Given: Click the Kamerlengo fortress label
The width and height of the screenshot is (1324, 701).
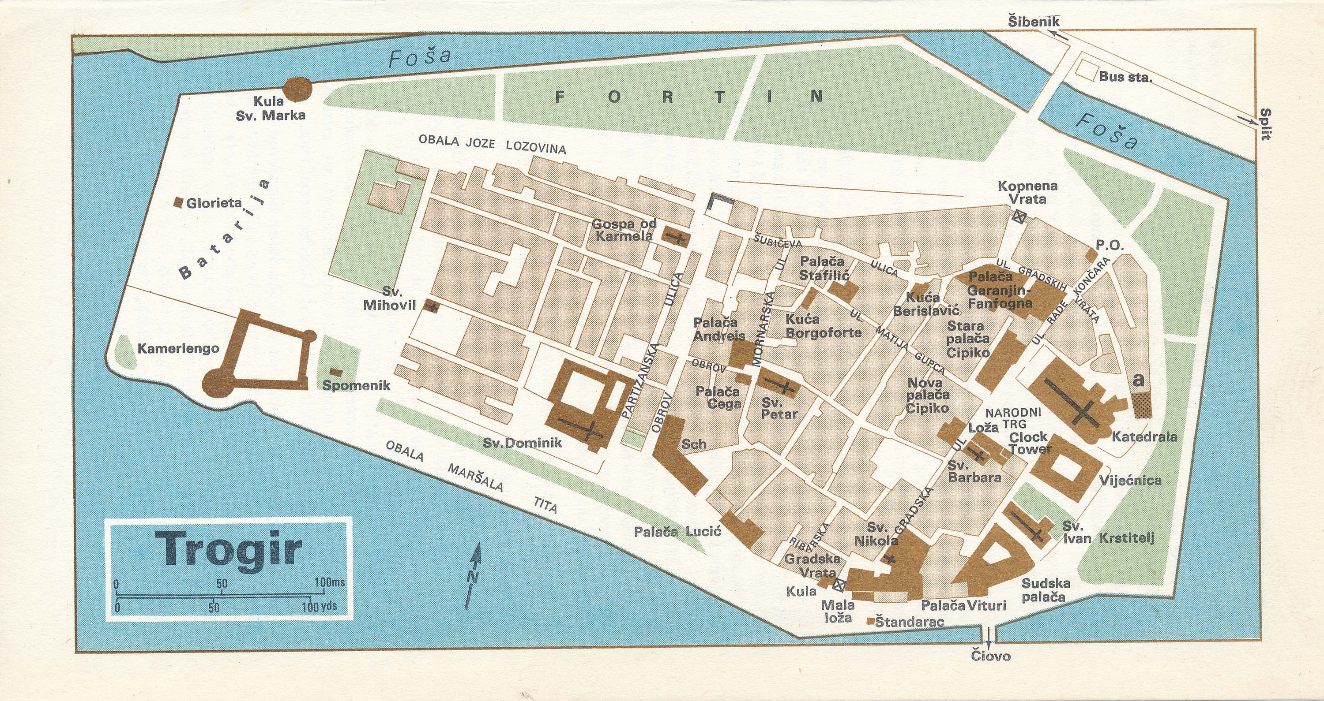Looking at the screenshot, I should (x=178, y=349).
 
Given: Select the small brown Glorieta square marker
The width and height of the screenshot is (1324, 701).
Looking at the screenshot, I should (x=179, y=203).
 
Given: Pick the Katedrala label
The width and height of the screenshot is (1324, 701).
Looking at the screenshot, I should (x=1144, y=437).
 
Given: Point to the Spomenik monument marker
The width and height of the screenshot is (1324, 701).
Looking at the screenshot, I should (x=337, y=371).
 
